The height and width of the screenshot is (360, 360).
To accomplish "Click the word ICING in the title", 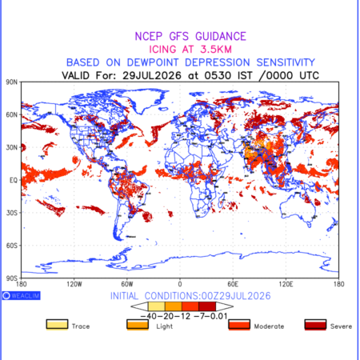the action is (162, 50).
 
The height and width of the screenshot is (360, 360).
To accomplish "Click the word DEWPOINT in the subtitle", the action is (153, 62).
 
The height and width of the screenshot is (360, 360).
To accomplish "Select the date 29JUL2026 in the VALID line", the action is (152, 75).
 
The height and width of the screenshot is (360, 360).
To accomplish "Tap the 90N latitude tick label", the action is (11, 82).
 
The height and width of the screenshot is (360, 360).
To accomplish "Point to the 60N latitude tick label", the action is (11, 114).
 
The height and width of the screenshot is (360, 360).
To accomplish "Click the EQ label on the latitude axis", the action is (14, 180).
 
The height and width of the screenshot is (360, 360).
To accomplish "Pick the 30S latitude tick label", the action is (11, 213).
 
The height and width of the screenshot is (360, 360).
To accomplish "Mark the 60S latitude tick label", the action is (11, 246).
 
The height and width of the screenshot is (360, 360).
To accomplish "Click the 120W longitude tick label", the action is (74, 284).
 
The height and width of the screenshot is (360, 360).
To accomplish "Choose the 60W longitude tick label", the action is (127, 284).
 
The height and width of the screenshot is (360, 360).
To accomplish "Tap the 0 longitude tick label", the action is (180, 284).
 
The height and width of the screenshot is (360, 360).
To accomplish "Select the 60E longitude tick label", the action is (233, 284).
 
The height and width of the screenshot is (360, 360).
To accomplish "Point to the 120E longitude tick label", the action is (286, 284).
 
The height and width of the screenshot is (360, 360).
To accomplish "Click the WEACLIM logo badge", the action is (22, 295).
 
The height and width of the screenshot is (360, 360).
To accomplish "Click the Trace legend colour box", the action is (57, 325).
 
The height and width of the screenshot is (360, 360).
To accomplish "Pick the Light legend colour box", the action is (138, 325).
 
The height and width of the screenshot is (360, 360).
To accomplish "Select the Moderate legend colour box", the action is (239, 325).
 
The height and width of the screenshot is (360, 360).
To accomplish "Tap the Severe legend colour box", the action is (315, 325).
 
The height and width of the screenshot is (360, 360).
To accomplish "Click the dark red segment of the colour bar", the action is (207, 306).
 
